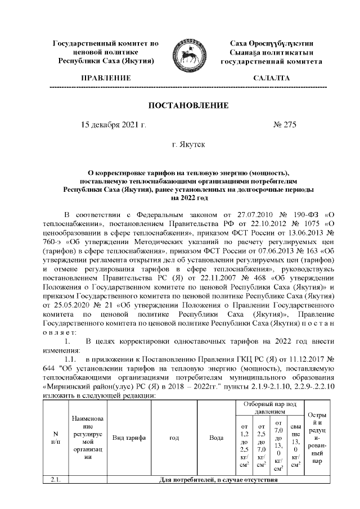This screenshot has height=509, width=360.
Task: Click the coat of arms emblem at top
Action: coord(188,51)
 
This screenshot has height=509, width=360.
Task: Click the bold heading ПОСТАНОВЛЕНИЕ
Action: coord(188,106)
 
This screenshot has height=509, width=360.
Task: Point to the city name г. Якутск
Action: coord(188,145)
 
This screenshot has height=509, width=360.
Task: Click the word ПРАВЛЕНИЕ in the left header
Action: coord(106,78)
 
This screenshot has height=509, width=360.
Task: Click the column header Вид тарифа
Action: coord(129,437)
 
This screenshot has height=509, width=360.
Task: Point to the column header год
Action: coord(174,437)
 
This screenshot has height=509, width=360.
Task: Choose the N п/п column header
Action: coord(55,437)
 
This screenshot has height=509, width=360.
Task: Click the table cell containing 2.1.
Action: coord(55,480)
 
